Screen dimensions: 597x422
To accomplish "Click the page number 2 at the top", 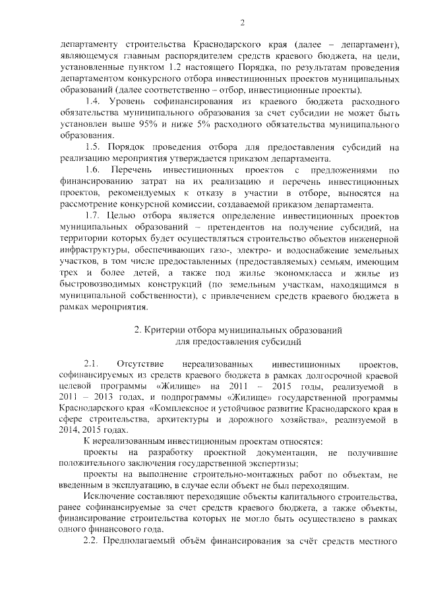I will (x=242, y=24).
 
